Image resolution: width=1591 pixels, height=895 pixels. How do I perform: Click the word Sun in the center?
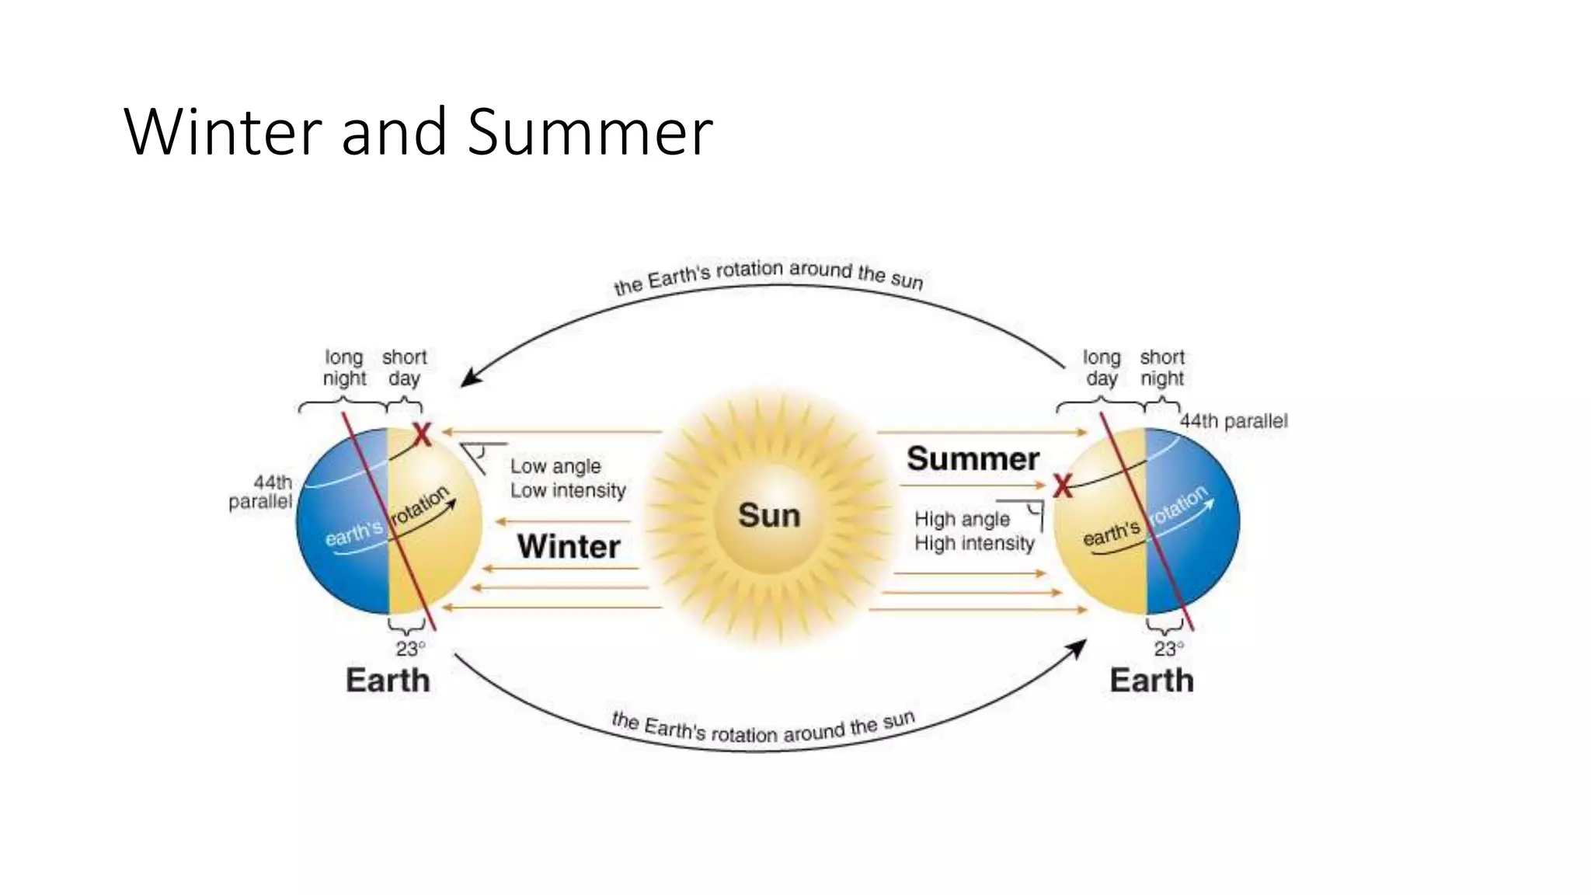768,515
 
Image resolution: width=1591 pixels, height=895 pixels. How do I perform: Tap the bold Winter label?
569,546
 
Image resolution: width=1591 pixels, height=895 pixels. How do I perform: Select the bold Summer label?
973,458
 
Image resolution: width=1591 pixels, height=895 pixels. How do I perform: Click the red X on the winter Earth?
422,434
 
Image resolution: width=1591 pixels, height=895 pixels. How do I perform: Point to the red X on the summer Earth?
1062,487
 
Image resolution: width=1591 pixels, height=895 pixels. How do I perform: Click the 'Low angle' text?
555,466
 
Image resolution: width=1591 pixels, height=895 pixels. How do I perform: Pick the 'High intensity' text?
974,543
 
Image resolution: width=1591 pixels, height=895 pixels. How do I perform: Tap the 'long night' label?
343,367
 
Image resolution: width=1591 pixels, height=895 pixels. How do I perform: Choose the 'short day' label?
404,367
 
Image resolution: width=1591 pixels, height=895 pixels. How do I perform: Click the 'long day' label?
1102,367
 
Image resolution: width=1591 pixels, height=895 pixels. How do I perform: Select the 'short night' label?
1162,367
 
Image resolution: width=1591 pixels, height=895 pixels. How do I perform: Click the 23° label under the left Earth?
410,649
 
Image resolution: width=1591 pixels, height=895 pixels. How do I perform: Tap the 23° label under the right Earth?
1168,649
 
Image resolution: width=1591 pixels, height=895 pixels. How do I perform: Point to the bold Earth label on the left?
388,681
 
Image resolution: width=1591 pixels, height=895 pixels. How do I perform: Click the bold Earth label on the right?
1151,681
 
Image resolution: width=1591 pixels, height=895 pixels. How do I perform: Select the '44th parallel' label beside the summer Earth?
1234,421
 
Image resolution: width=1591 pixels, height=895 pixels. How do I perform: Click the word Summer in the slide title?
590,132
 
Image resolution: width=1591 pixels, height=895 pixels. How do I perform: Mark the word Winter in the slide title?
222,132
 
